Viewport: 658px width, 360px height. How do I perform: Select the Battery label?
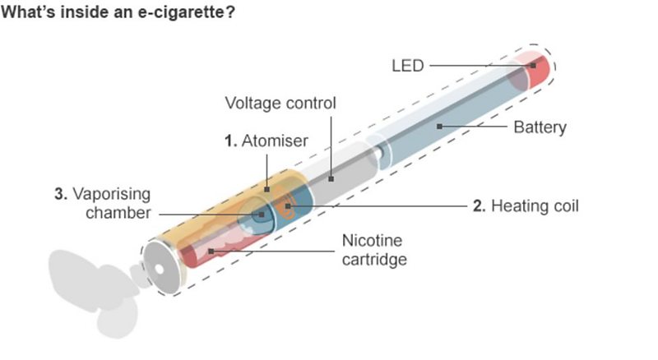tap(540, 127)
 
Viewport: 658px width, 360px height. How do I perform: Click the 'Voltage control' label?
tap(281, 104)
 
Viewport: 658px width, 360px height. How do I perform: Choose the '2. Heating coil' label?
tap(525, 205)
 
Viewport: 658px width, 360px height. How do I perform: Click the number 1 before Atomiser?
tap(229, 141)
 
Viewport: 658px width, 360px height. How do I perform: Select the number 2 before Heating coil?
tap(478, 205)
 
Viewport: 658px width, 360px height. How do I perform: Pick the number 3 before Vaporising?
tap(60, 195)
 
